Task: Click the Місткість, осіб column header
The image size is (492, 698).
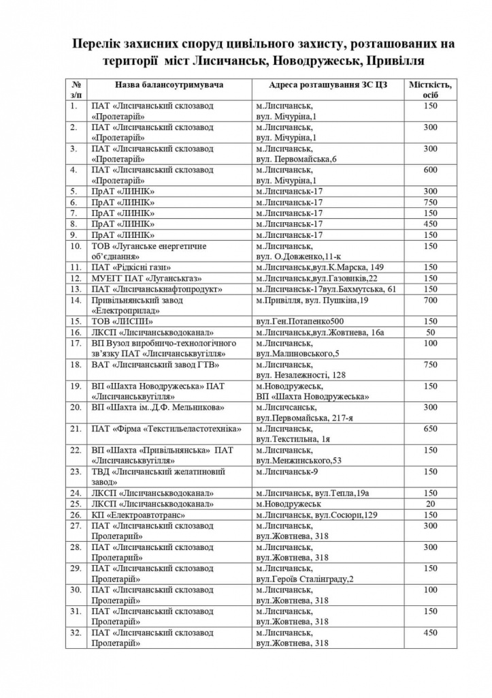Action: [x=430, y=89]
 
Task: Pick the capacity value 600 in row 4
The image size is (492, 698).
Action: [x=430, y=170]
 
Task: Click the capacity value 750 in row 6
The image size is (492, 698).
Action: [x=430, y=202]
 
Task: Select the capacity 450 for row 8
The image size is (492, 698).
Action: [x=430, y=224]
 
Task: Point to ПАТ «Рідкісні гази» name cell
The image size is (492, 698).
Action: [x=131, y=267]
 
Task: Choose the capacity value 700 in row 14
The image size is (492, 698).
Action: [x=430, y=300]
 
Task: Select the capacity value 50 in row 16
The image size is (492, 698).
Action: [x=430, y=332]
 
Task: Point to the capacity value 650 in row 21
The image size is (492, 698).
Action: [x=430, y=429]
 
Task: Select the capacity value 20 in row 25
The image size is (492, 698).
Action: [x=430, y=504]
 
